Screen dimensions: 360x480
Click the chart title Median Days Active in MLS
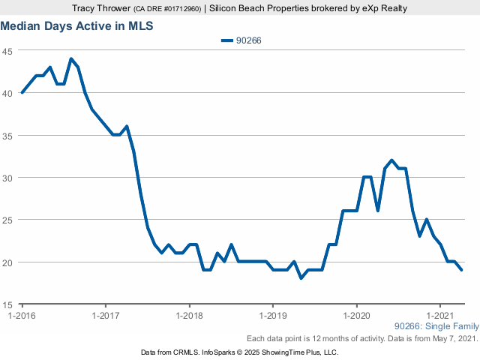pos(76,25)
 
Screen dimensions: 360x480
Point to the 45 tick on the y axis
pos(8,51)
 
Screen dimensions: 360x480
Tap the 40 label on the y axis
pos(8,93)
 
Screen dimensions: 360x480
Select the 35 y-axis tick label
pos(8,136)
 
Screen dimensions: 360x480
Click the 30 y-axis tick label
pos(8,178)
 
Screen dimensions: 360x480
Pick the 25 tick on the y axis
pos(8,220)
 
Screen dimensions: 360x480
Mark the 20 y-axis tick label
pos(8,262)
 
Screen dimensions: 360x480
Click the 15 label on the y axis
pos(8,304)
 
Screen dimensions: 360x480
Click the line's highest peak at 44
pos(70,59)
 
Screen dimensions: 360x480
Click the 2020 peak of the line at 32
pos(391,160)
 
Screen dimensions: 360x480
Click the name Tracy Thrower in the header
pos(101,9)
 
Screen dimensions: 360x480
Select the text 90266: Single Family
pos(435,327)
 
